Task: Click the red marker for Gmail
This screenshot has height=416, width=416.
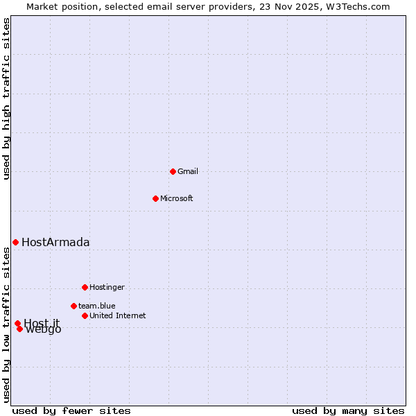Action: pos(173,171)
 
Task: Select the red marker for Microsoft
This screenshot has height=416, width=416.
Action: pos(155,198)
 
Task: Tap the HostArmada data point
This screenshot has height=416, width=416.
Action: pos(15,242)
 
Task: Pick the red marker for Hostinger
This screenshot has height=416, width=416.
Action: pos(85,287)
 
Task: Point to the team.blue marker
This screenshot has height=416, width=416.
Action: pos(73,306)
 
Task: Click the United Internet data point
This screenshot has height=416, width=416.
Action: pos(85,315)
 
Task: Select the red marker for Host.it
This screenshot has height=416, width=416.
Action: pos(17,323)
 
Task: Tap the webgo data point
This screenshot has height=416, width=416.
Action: pos(19,329)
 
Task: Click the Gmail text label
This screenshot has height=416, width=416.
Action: pos(188,171)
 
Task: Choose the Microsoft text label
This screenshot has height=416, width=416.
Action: pos(177,198)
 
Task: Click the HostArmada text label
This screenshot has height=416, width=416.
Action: pos(55,242)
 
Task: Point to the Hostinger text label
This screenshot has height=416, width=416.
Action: pos(107,287)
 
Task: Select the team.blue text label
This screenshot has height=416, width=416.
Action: pos(97,306)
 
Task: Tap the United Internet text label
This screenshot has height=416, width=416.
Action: pos(118,315)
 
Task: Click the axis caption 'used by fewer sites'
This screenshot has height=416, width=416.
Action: pos(71,410)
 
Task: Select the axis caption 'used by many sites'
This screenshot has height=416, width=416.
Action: pos(348,410)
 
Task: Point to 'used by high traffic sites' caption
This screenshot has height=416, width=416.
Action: pos(7,98)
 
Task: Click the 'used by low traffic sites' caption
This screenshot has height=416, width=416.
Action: pos(7,324)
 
